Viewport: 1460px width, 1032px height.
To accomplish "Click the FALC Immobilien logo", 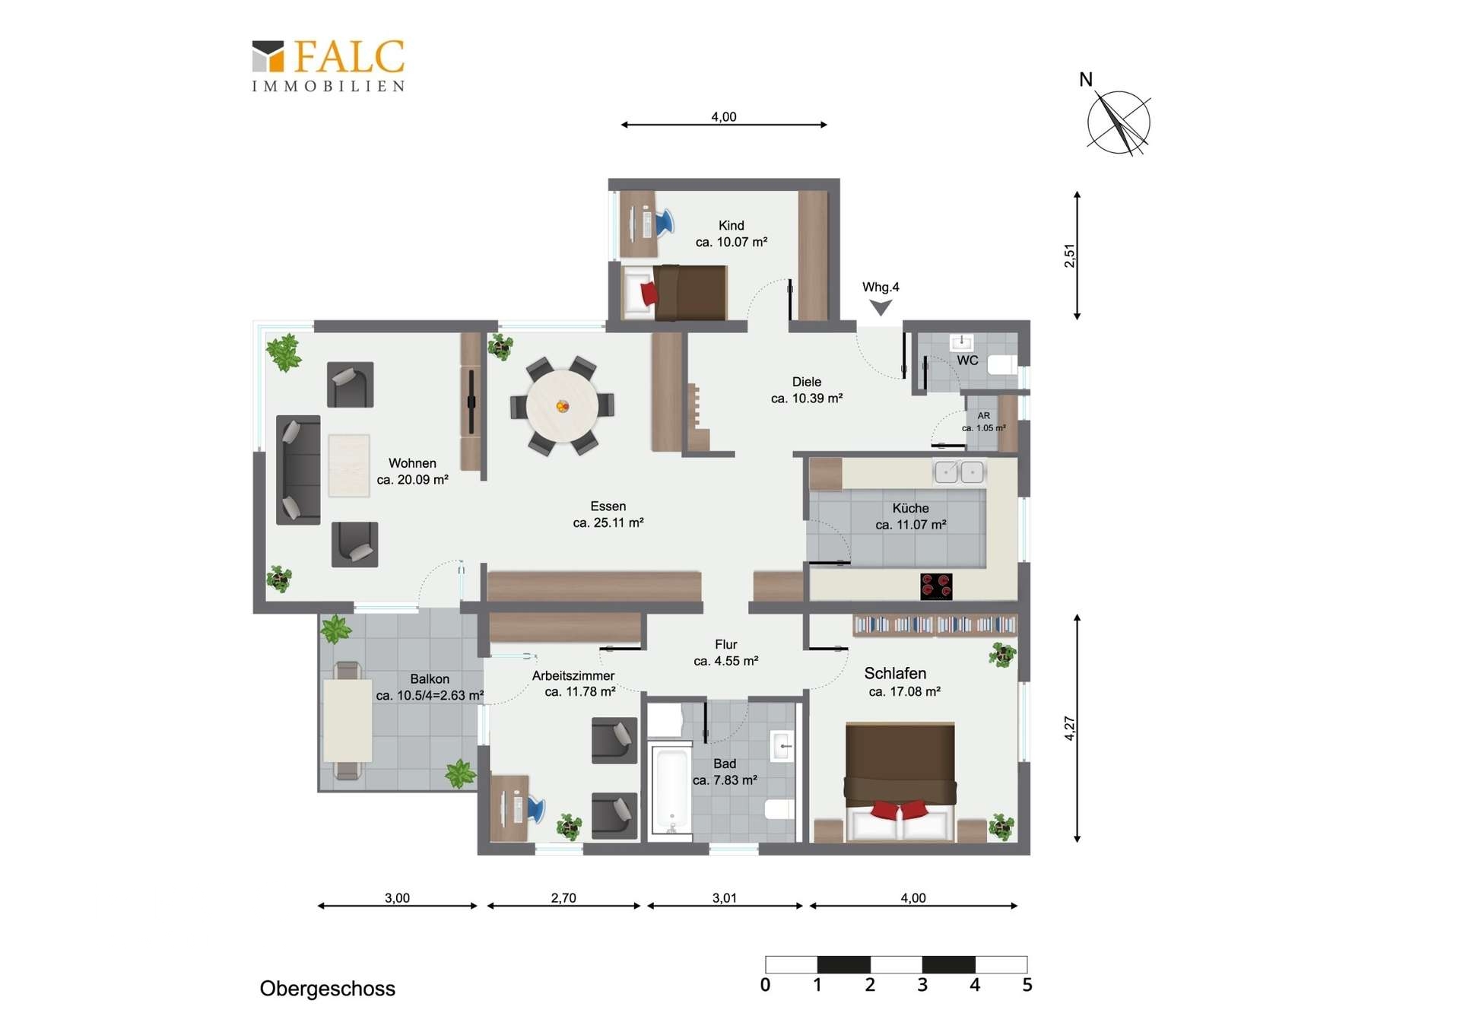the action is coord(328,66).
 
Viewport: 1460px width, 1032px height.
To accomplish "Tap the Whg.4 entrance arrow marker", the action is coord(881,307).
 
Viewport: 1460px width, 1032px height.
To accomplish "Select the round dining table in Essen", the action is coord(562,406).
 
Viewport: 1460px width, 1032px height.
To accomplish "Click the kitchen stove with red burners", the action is coord(936,586).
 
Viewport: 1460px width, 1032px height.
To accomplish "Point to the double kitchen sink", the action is coord(960,472).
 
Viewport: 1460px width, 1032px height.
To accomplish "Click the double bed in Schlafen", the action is coord(900,782).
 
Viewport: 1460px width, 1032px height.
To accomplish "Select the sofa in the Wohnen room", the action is coord(298,470).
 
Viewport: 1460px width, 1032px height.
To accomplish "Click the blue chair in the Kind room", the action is coord(664,222).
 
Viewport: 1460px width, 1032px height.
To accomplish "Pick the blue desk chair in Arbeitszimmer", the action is coord(535,808).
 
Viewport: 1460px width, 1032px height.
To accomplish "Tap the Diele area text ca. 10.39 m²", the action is coord(807,399).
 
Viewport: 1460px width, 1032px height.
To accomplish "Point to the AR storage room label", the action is coord(984,416).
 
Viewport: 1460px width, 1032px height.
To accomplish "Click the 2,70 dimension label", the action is coord(563,898).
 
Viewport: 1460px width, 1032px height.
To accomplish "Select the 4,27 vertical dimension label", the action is coord(1069,729).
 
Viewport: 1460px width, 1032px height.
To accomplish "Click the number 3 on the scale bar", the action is coord(922,986).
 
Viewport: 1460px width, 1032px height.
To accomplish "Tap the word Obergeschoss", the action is coord(328,989).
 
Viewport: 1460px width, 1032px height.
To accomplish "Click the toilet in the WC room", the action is coord(1002,365).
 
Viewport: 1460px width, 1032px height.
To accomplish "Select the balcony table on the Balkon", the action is coord(348,720).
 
